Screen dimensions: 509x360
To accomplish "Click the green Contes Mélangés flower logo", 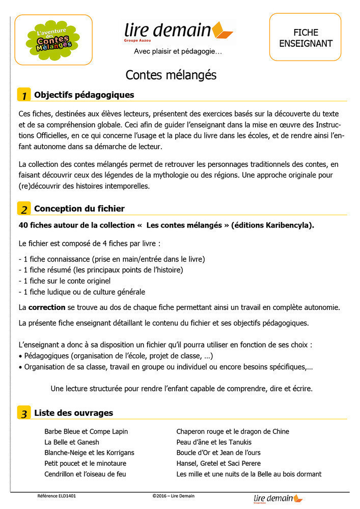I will click(x=53, y=40).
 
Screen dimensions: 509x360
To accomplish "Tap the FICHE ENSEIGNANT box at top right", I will click(x=306, y=38).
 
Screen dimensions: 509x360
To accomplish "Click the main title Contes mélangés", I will click(x=171, y=75).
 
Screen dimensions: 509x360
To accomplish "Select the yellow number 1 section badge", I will click(x=24, y=95).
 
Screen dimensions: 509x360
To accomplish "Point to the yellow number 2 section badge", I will click(x=24, y=209).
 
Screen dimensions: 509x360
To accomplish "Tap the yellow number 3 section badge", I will click(x=24, y=413).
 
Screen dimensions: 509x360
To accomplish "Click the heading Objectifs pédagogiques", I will click(x=84, y=95).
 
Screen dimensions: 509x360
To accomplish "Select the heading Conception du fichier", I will click(x=79, y=209).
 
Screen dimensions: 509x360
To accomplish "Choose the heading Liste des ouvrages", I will click(x=73, y=413).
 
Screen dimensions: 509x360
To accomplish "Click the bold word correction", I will click(x=47, y=307).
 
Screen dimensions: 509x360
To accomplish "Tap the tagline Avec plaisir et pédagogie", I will click(x=178, y=51).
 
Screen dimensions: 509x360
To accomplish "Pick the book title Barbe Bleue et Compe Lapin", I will click(x=86, y=432).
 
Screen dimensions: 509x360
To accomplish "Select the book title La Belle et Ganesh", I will click(x=72, y=442).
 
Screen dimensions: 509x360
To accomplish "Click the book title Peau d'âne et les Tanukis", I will click(x=214, y=442).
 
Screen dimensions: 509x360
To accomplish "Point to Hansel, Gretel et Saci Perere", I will click(x=218, y=463).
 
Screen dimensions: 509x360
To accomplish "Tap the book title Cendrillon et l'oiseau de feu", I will click(x=85, y=474).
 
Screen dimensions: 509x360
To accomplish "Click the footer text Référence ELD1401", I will click(x=57, y=496).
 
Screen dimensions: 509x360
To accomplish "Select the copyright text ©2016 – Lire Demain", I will click(x=173, y=496).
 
